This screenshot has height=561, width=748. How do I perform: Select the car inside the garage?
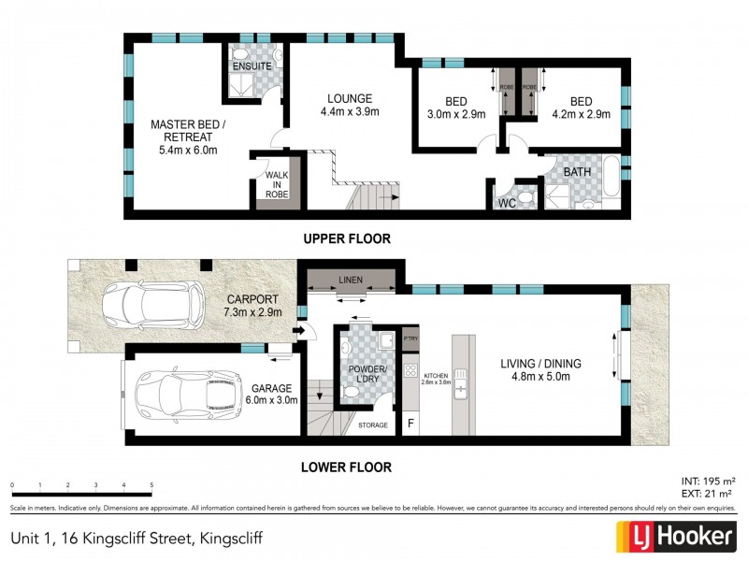191,396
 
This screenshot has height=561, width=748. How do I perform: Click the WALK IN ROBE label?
277,182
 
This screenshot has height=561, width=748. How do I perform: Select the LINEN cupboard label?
352,280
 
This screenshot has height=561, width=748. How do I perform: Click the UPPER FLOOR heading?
346,239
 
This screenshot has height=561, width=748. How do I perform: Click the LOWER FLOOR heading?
346,467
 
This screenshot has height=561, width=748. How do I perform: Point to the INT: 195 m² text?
706,480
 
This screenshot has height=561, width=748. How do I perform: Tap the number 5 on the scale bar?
151,485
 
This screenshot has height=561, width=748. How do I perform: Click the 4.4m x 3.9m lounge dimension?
351,112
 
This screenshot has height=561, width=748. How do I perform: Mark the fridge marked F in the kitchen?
410,424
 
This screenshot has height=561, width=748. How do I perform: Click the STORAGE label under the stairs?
374,425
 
